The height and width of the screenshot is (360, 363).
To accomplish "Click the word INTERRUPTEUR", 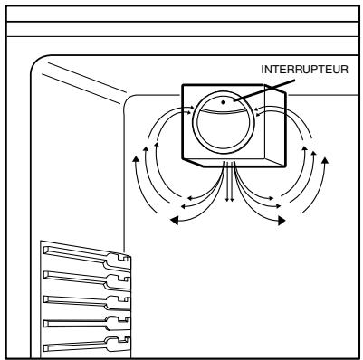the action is click(x=304, y=70).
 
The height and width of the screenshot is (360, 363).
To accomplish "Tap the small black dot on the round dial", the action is click(x=224, y=102).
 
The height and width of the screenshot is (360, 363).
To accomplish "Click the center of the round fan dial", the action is click(x=224, y=123).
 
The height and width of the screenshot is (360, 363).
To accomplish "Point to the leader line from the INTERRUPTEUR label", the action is click(x=264, y=90).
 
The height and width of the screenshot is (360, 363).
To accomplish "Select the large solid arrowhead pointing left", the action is click(x=175, y=221).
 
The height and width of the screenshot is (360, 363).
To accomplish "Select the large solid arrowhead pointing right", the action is click(x=282, y=221).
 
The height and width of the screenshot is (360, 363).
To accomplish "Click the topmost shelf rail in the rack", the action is click(x=88, y=256).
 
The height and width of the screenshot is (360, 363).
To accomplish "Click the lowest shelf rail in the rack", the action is click(x=88, y=345).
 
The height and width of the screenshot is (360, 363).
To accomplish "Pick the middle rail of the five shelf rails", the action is click(x=88, y=300).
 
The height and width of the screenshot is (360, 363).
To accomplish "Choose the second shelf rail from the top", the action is click(x=88, y=278).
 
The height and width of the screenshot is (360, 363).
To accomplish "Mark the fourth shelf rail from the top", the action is click(x=88, y=323).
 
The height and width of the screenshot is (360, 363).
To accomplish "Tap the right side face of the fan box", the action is click(x=275, y=125).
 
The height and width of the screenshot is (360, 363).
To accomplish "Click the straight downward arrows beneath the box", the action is click(x=230, y=182).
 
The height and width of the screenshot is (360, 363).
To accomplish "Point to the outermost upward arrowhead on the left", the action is click(x=137, y=159).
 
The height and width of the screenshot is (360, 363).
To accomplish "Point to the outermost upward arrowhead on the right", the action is click(x=325, y=160).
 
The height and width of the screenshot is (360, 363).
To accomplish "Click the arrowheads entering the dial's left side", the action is click(x=191, y=109).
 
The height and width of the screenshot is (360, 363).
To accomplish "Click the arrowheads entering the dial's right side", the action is click(x=257, y=110).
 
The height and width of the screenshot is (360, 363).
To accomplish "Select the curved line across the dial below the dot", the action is click(x=224, y=111).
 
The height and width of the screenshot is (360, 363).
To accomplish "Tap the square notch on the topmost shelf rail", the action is click(x=123, y=259).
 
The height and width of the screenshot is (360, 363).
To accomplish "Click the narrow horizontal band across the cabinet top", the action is click(x=182, y=29).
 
